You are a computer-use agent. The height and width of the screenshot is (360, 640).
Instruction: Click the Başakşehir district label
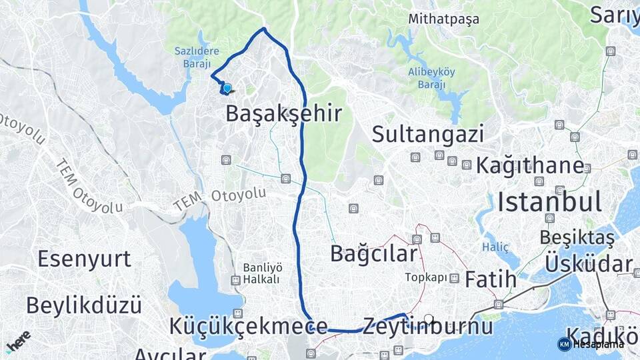284,113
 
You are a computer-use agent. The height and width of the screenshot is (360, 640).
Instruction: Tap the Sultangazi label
427,134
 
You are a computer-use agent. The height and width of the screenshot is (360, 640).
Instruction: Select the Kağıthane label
529,165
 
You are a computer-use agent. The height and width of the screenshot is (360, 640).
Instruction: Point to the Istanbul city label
549,201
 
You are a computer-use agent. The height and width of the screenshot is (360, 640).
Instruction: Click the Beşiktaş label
577,237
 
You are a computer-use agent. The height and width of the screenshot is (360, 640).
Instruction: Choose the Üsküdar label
588,263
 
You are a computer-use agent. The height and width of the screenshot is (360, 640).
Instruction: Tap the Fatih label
491,279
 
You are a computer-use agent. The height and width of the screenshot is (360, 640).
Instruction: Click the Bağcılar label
374,254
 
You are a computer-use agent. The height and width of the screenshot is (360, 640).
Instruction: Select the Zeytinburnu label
428,327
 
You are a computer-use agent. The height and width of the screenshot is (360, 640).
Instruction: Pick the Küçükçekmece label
248,327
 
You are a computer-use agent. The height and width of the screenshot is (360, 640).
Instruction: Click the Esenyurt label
84,259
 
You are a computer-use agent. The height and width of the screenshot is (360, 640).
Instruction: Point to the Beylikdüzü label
84,305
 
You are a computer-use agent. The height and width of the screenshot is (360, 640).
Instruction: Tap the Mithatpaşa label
444,19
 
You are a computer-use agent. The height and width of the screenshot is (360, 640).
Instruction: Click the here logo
18,340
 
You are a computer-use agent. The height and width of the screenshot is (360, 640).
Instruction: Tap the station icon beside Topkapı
454,278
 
